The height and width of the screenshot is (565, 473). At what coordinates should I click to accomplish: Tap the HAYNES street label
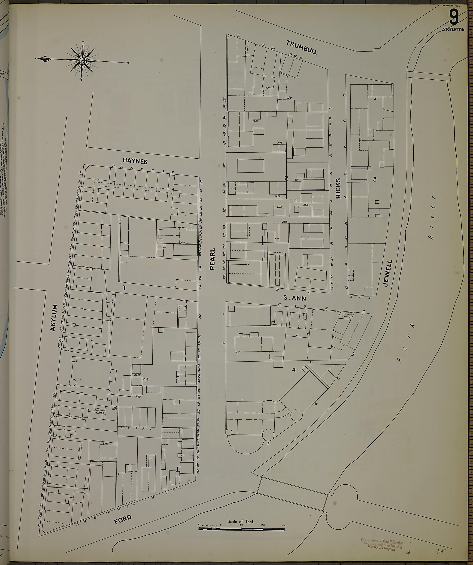(135, 161)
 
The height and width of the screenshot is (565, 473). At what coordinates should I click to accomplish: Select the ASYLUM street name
(54, 318)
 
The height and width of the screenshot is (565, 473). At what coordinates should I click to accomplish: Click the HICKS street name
(338, 188)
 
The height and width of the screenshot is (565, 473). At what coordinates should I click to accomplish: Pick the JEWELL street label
(388, 273)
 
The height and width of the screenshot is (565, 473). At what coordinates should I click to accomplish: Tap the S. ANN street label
(295, 298)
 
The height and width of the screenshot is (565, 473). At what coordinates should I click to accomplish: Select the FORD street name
(123, 520)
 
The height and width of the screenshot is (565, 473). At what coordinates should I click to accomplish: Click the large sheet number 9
(454, 18)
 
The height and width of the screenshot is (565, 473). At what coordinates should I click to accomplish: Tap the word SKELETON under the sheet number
(454, 30)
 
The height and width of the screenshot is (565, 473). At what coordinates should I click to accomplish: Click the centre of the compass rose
(82, 60)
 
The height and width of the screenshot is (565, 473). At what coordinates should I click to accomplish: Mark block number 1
(124, 288)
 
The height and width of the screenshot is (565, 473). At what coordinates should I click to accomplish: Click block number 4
(294, 370)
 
